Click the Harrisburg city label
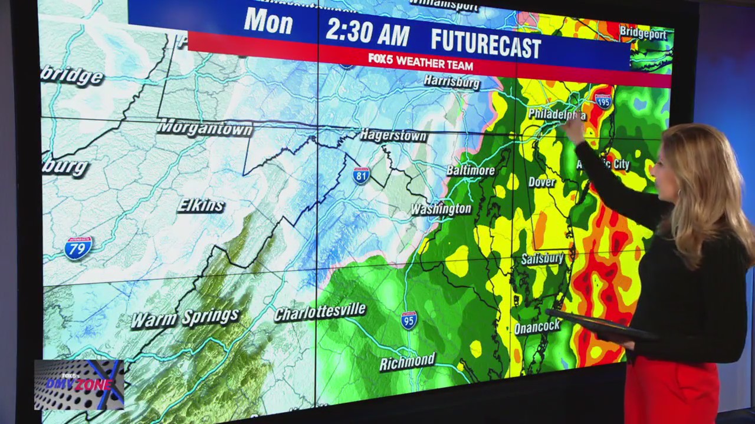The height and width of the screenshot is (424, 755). click(451, 81)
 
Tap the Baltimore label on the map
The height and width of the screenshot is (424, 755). click(470, 171)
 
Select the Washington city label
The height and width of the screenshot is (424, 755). click(441, 209)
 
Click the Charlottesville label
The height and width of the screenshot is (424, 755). click(320, 312)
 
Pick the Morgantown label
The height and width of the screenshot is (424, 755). click(205, 128)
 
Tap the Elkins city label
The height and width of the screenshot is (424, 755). click(201, 206)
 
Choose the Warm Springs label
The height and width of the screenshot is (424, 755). click(185, 317)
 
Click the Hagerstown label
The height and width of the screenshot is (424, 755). click(393, 135)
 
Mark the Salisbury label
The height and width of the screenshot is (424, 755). click(542, 259)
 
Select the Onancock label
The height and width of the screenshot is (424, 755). click(537, 327)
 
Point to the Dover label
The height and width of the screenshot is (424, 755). click(541, 182)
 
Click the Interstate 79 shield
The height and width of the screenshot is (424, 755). click(78, 247)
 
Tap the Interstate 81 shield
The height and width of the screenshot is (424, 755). click(361, 175)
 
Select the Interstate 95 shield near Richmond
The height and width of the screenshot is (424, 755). click(409, 320)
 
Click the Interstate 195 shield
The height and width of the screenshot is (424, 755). click(603, 101)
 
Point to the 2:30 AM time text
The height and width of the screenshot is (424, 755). click(367, 32)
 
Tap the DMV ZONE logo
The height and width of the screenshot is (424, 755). click(79, 384)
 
